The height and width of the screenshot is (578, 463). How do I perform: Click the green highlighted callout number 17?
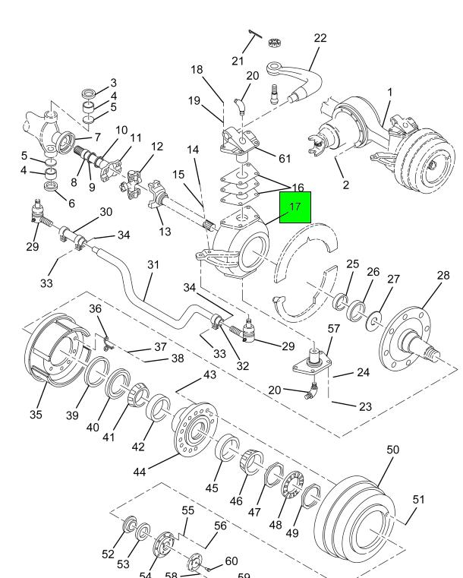point(295,206)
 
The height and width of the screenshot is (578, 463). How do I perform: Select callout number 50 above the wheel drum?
point(392,450)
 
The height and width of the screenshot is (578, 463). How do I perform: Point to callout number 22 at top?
point(320,39)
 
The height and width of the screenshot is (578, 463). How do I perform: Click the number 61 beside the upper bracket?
point(285,159)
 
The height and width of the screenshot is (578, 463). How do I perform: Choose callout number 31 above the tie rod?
point(153,265)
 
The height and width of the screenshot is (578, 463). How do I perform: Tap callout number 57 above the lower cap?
point(333,329)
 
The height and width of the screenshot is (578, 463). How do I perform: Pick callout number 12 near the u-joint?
point(157,147)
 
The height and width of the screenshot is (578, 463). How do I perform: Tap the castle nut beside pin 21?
point(275,40)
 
